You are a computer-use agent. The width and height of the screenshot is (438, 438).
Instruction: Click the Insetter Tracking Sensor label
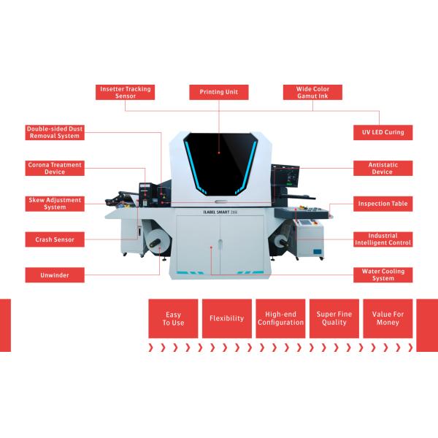[x=125, y=92]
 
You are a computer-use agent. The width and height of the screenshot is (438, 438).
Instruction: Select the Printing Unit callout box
[x=219, y=92]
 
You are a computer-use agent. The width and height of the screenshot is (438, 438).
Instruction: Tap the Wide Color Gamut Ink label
[x=312, y=92]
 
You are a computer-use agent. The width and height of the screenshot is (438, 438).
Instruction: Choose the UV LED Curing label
[x=383, y=132]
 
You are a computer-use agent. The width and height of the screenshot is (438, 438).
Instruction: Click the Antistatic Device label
[x=383, y=168]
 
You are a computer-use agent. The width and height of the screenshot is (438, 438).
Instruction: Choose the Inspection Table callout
[x=383, y=204]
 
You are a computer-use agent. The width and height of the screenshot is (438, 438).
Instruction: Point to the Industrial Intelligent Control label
[x=383, y=239]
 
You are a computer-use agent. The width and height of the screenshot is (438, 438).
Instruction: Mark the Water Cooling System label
[x=383, y=275]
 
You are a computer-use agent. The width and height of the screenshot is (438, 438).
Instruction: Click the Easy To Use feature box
[x=173, y=318]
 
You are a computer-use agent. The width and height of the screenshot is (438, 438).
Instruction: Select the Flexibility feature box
[x=227, y=318]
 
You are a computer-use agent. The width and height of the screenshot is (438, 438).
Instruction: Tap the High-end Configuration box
[x=280, y=318]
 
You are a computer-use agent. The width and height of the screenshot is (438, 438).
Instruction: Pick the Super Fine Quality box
[x=334, y=318]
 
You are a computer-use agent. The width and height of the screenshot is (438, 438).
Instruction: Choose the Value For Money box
[x=388, y=318]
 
